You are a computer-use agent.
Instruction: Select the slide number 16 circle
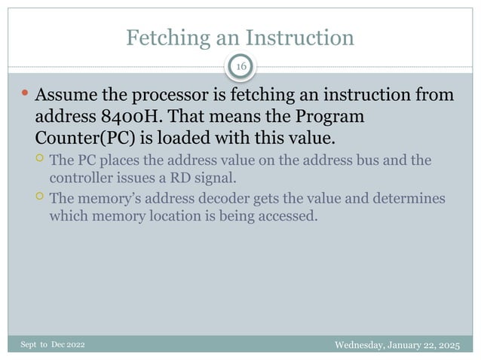click(x=241, y=68)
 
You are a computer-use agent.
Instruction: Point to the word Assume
click(x=66, y=96)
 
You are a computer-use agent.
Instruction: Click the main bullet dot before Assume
click(x=25, y=95)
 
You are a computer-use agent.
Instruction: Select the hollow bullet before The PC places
click(x=40, y=159)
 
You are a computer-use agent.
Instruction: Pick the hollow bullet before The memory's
click(x=40, y=197)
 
